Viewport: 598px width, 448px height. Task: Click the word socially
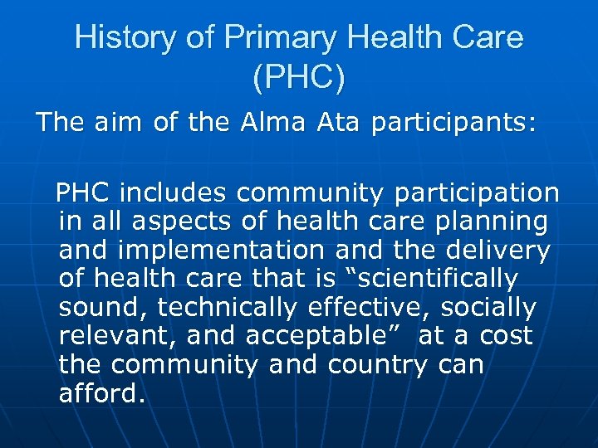(488, 308)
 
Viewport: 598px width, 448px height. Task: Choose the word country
(383, 365)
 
